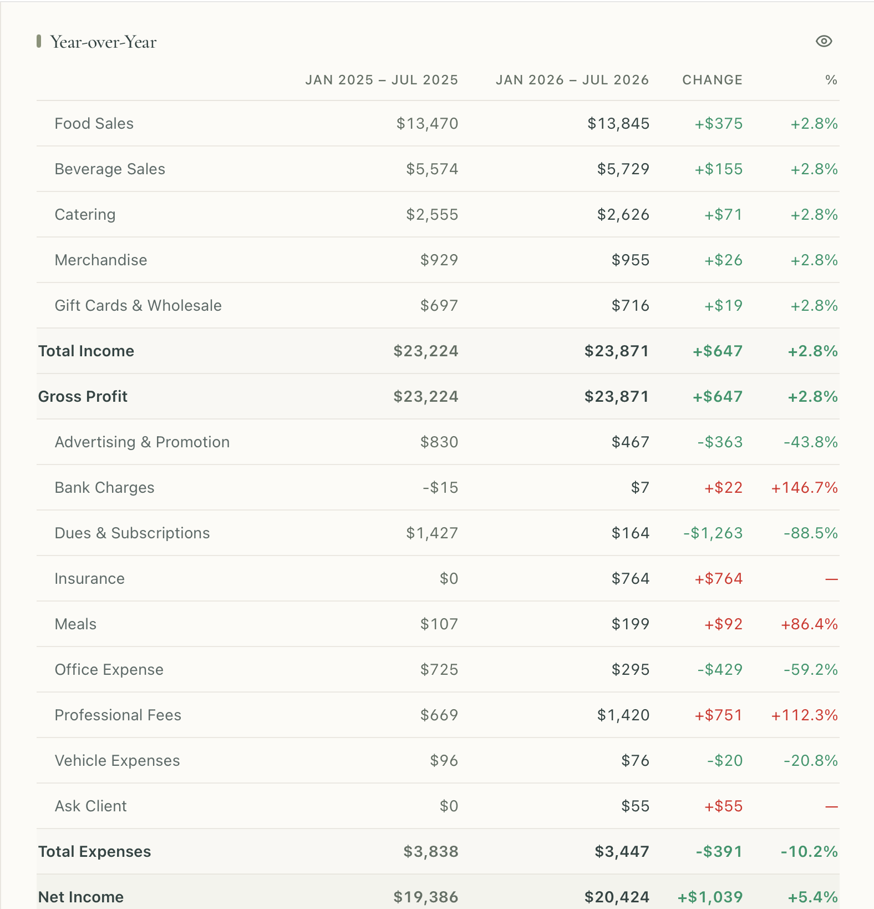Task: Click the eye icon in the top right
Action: tap(824, 42)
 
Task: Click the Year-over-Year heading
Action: tap(103, 42)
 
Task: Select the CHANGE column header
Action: tap(712, 80)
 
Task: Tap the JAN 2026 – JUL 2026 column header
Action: tap(572, 80)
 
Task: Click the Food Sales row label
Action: tap(94, 123)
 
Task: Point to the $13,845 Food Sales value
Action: tap(618, 123)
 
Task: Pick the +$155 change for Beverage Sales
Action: tap(719, 169)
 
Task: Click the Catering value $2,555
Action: tap(432, 214)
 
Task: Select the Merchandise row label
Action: tap(101, 260)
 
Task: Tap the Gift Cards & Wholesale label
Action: tap(138, 305)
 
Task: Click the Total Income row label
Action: tap(86, 351)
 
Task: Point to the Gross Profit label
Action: tap(83, 396)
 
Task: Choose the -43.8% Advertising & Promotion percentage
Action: tap(810, 442)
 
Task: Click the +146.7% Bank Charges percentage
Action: tap(804, 487)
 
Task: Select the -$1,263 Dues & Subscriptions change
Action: tap(713, 533)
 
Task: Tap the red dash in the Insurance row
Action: tap(831, 579)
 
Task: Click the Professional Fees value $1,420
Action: tap(623, 715)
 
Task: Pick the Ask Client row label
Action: tap(91, 806)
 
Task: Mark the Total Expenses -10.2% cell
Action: tap(809, 851)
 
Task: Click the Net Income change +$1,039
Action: tap(710, 897)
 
